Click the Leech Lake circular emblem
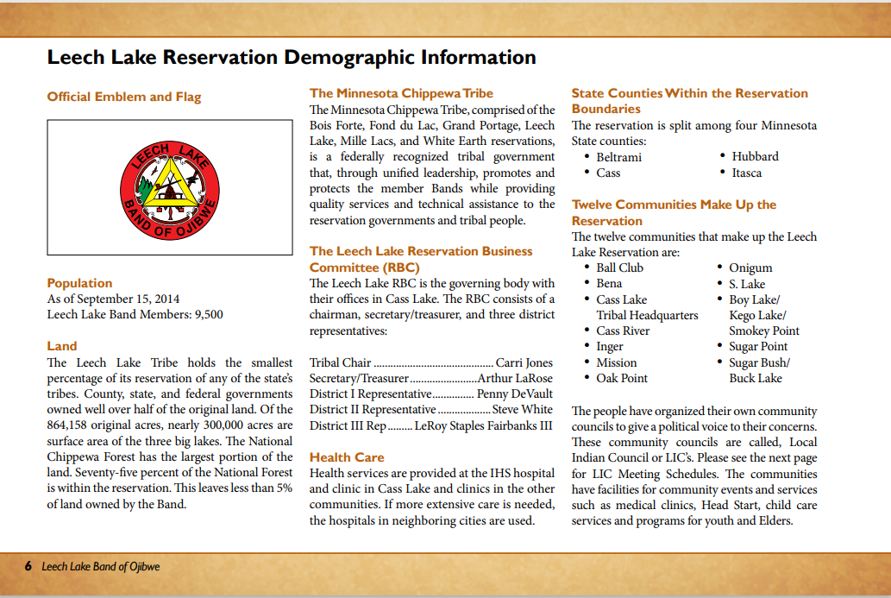169,187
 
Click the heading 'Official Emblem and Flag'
123,97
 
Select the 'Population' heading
79,283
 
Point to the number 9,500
206,314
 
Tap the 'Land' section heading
62,346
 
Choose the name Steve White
523,409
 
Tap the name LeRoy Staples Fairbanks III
483,425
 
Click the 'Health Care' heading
347,457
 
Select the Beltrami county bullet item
618,157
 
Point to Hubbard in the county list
755,156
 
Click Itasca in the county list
747,173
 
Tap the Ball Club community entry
619,268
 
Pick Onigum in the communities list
750,268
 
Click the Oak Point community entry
621,378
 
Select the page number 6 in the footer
28,567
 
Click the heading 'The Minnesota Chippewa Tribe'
401,93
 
